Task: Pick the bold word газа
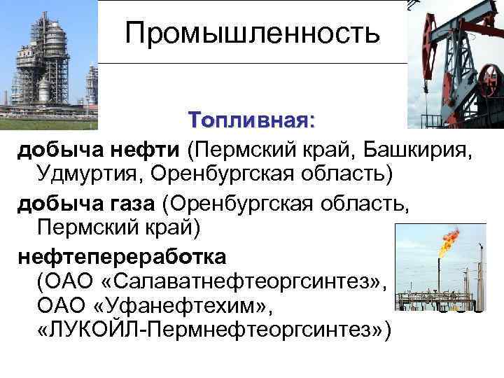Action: (136, 204)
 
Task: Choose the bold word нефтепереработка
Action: (122, 256)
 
